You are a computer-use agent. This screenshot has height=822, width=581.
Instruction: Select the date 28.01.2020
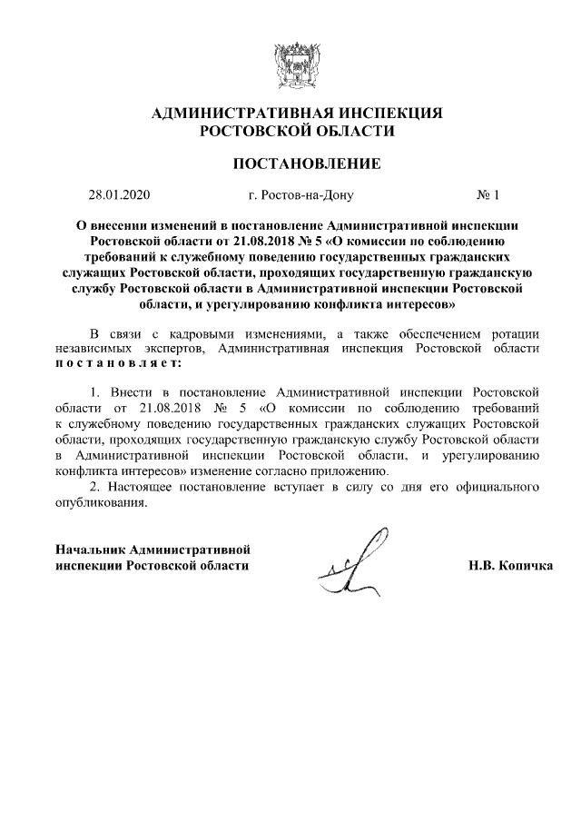(x=118, y=194)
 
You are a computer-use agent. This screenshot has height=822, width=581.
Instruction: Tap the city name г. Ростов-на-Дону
(x=300, y=194)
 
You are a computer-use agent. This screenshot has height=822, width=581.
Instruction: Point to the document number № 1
(x=488, y=194)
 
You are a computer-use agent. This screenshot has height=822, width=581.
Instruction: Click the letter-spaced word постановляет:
(x=118, y=362)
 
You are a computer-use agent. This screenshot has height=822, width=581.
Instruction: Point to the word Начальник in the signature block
(x=90, y=550)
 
